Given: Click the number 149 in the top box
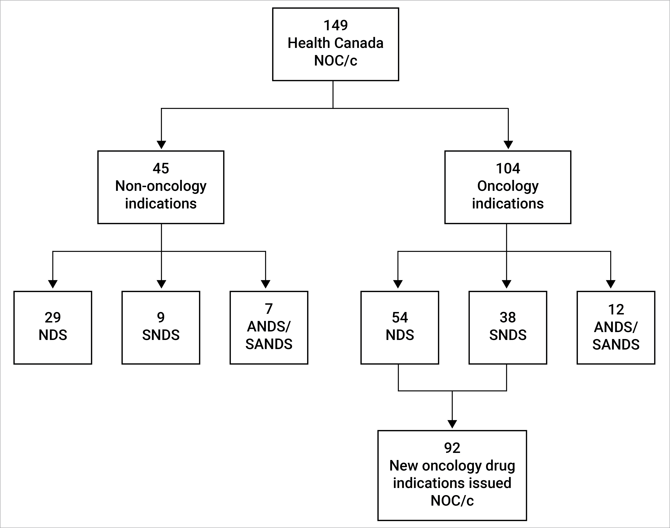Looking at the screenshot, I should (336, 25).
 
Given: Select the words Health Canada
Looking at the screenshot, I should (336, 43).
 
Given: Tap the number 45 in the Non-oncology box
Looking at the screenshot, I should (161, 168).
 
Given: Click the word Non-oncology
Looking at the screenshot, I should (161, 186).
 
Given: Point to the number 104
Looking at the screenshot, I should (508, 168).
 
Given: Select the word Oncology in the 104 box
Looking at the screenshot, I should (508, 186).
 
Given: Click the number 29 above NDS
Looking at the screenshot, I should (53, 318).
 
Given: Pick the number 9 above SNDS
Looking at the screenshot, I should (161, 318).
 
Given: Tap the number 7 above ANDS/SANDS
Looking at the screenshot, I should (269, 309).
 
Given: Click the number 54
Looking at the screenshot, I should (400, 318).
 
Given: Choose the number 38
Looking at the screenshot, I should (508, 318).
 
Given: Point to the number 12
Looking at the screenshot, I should (616, 310).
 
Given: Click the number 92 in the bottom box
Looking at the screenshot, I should (452, 448).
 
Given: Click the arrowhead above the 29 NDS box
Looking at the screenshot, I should (53, 284).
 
